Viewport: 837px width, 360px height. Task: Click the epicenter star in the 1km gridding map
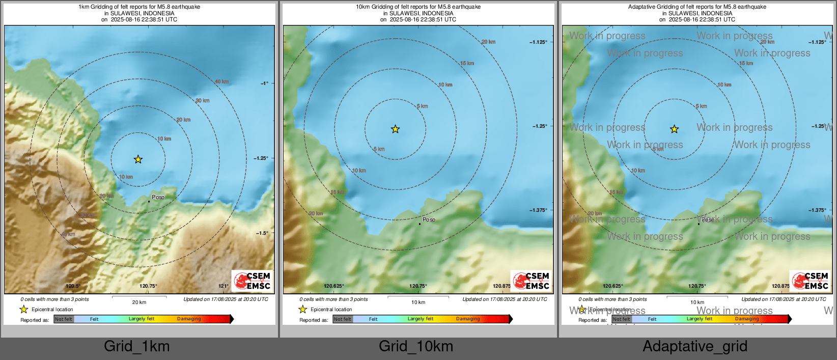point(138,159)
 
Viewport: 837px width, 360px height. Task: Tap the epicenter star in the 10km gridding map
point(395,129)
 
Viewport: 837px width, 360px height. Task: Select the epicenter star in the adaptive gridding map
point(674,129)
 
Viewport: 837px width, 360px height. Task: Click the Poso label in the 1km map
point(158,197)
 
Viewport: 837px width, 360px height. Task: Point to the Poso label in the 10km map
point(429,219)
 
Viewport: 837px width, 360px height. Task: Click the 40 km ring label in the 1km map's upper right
point(221,81)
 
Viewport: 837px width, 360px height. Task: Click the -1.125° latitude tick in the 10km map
point(538,42)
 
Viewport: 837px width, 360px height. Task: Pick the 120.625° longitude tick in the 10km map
point(334,286)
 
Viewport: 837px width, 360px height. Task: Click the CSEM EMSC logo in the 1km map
point(253,281)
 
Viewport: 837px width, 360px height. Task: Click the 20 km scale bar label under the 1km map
point(139,302)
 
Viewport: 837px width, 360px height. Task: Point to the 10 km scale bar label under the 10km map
point(418,302)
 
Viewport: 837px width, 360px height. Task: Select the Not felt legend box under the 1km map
point(64,319)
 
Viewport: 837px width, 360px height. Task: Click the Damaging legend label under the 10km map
point(468,319)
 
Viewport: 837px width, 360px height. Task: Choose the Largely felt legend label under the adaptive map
point(699,319)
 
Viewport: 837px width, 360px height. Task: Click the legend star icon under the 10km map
point(302,309)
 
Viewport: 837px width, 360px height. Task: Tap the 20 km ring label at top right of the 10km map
point(488,42)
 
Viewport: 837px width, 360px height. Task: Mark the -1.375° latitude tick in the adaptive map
point(817,210)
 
